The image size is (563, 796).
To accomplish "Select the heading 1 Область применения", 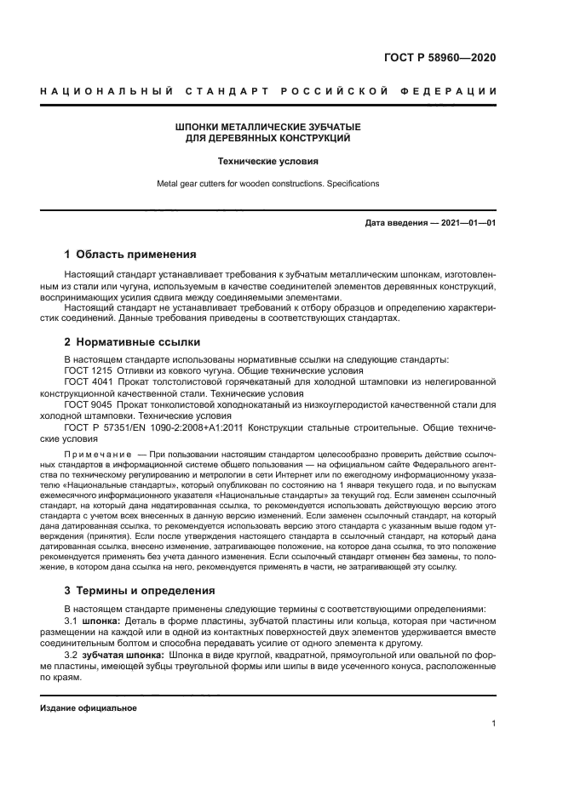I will point(130,254).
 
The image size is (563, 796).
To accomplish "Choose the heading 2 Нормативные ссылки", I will point(132,342).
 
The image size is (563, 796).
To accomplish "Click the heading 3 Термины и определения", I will point(140,590).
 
